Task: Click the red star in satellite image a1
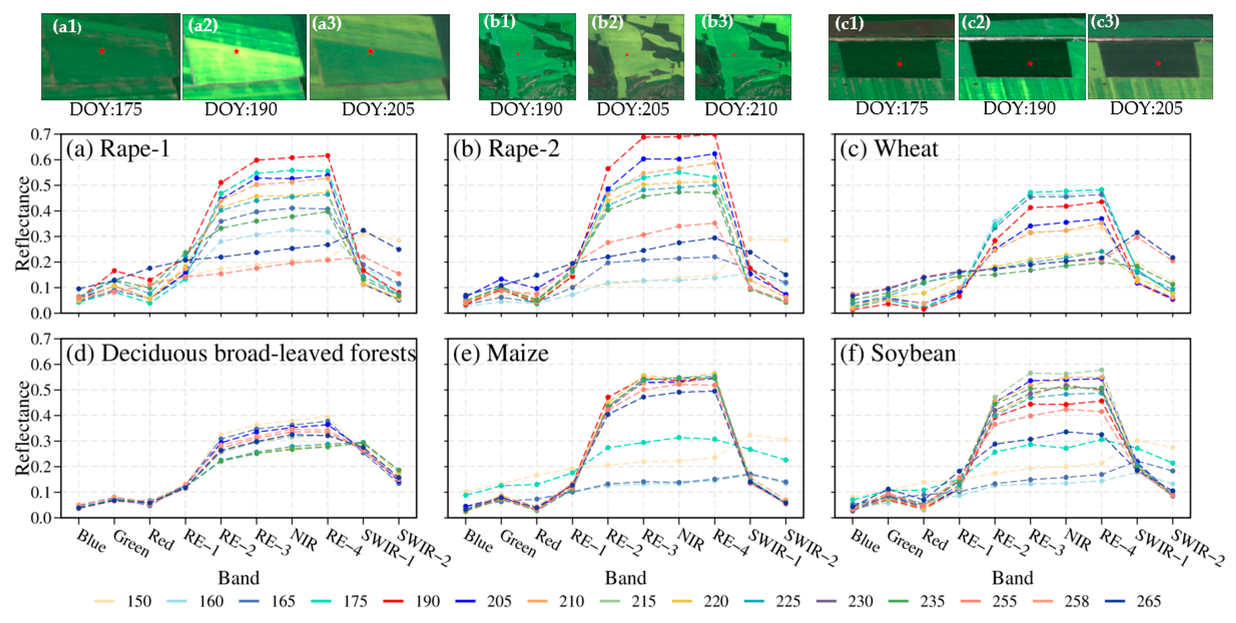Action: [x=102, y=51]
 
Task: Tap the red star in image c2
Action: [x=1030, y=63]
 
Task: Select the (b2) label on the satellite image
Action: [x=607, y=23]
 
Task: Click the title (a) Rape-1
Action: [x=118, y=149]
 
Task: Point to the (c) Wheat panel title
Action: [x=889, y=149]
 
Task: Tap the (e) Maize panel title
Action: [x=500, y=354]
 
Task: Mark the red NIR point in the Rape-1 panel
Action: [x=292, y=158]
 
